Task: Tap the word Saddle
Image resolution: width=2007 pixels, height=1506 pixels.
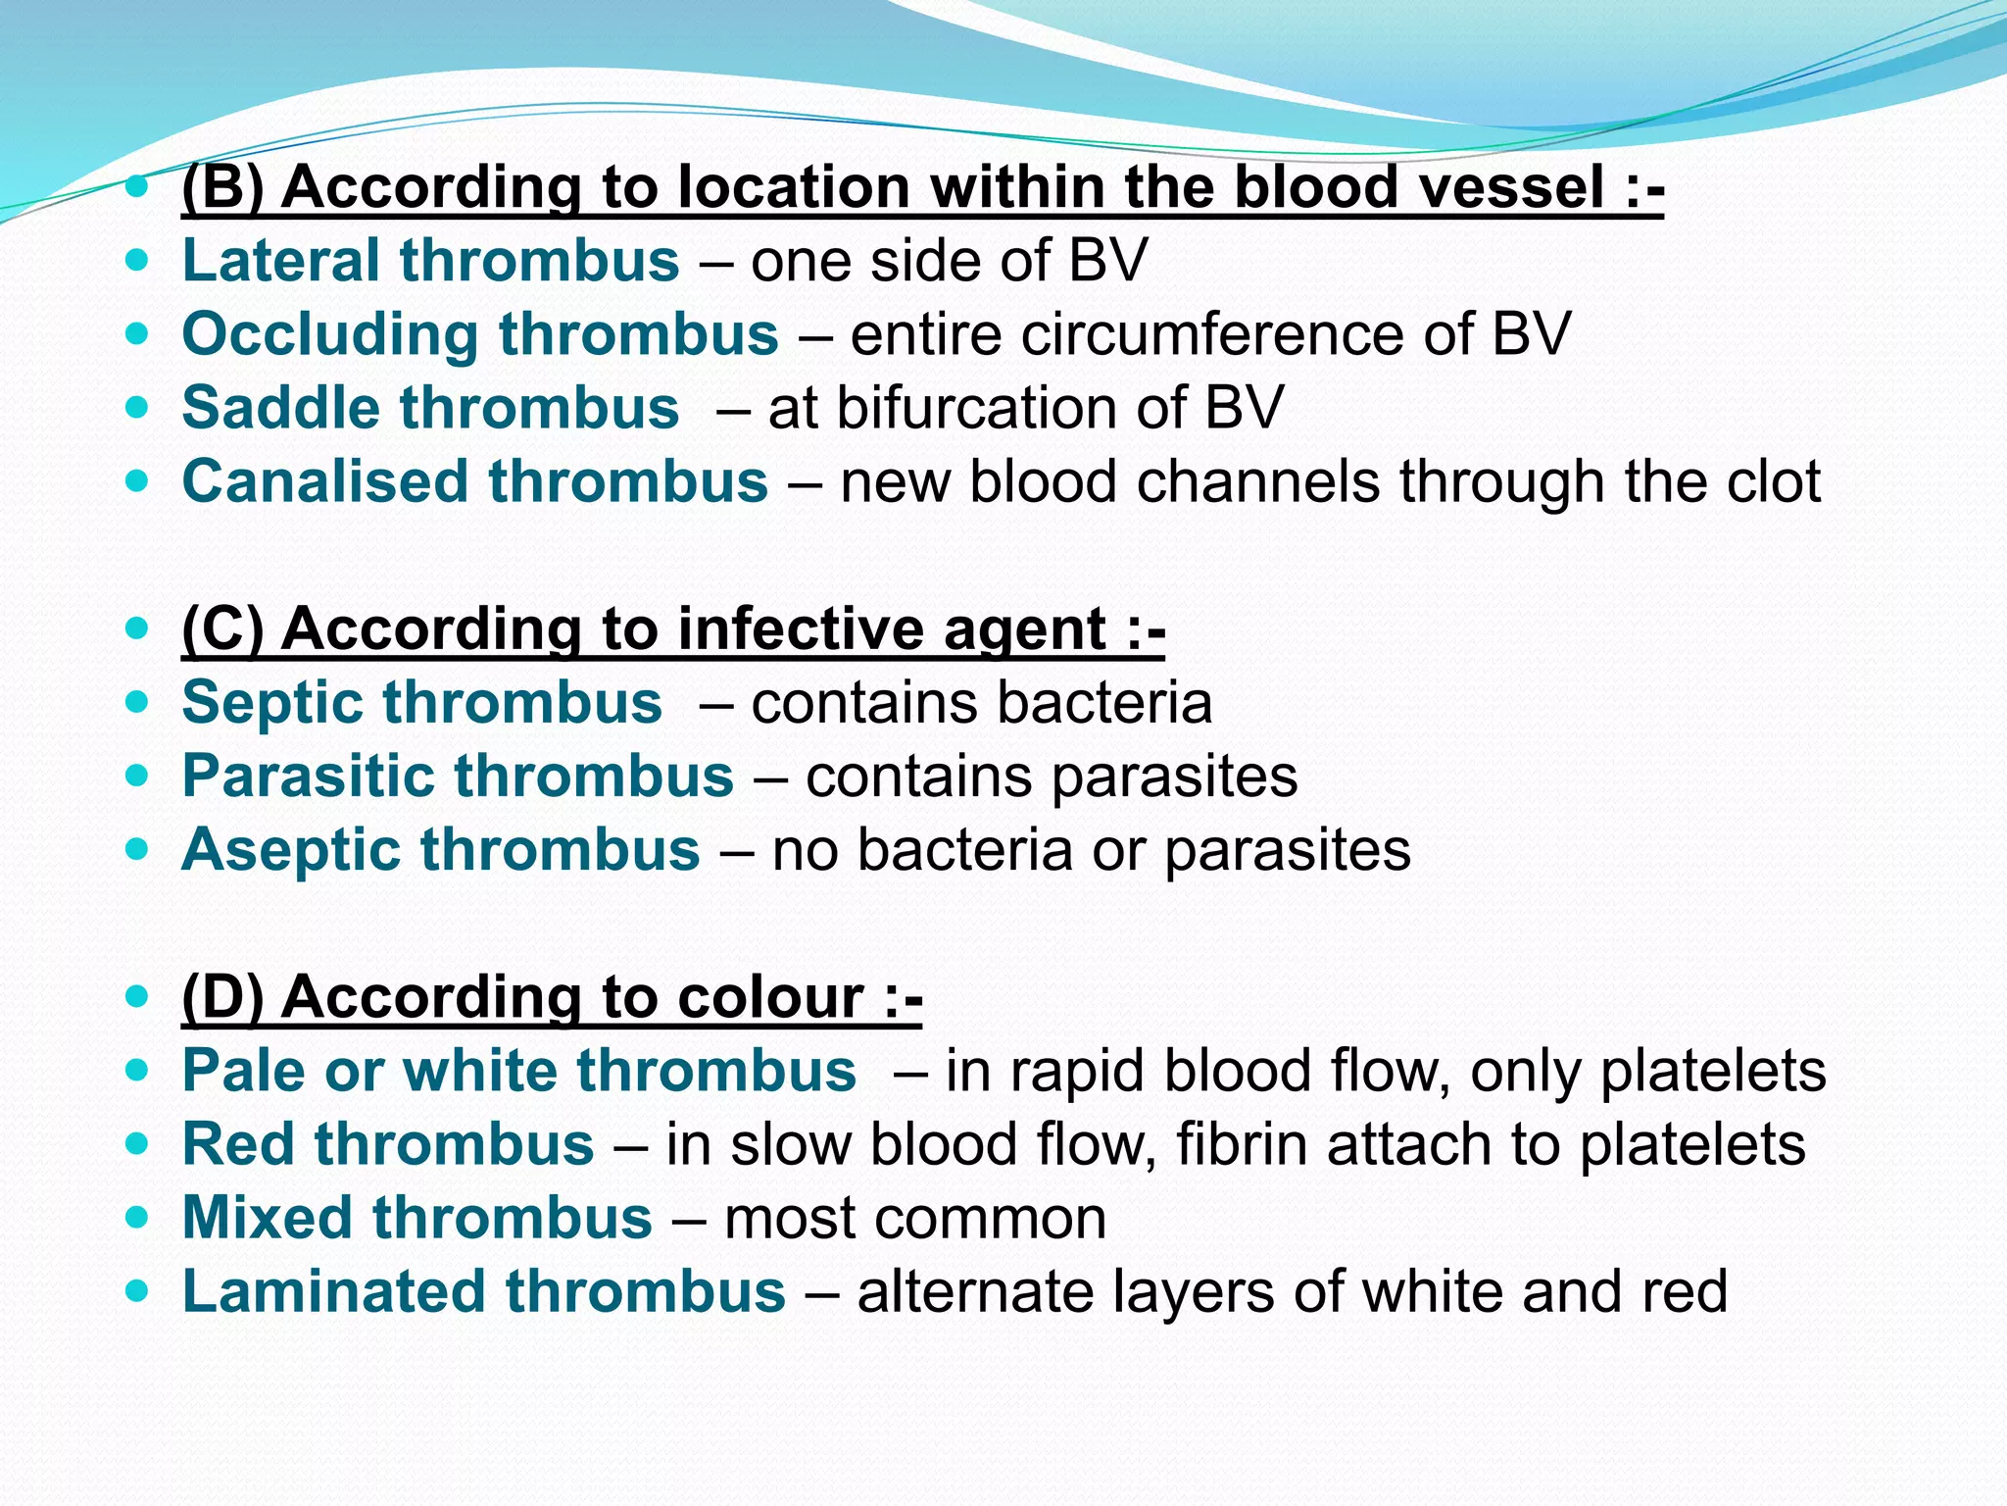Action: pos(281,408)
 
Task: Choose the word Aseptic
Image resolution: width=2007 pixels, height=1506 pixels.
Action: pos(291,850)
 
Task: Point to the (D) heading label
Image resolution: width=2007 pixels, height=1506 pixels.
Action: pos(223,997)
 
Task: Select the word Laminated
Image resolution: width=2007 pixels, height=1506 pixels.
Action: pos(333,1291)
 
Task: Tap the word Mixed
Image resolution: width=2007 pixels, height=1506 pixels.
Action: pos(268,1218)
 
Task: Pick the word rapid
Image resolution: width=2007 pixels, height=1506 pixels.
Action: pos(1078,1071)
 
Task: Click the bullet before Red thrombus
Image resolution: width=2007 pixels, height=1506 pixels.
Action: pos(138,1143)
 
